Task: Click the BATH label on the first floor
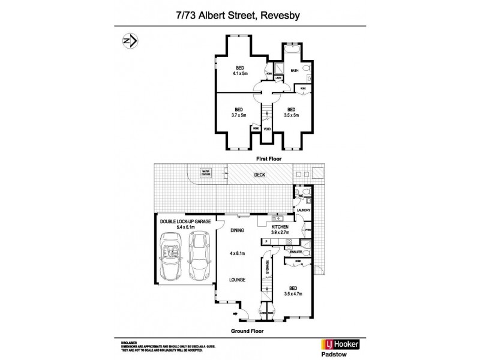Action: tap(294, 71)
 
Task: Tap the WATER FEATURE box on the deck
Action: tap(206, 172)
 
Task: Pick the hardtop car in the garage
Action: tap(200, 252)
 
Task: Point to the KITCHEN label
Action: tap(280, 227)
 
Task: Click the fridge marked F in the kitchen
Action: tap(265, 241)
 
